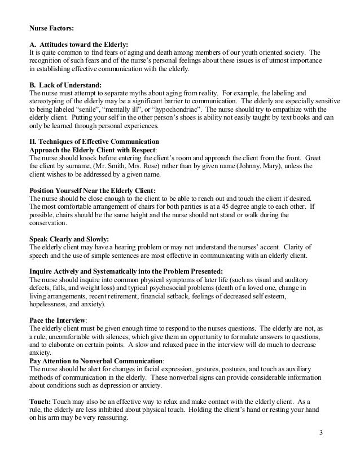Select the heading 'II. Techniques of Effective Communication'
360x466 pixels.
pos(94,141)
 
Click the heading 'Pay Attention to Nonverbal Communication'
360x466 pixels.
pos(96,362)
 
